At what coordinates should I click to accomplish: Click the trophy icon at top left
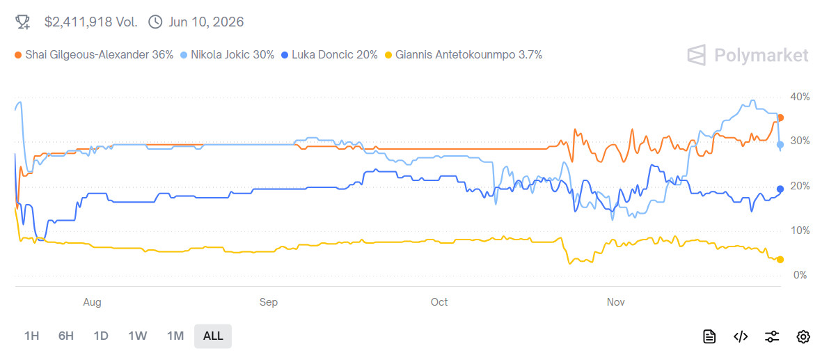click(23, 22)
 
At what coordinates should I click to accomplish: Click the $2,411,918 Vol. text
click(90, 22)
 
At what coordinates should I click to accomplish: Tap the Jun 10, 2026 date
click(205, 22)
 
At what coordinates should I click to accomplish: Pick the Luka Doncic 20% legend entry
click(330, 54)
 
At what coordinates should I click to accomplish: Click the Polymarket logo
click(748, 56)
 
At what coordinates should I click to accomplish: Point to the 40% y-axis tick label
click(800, 97)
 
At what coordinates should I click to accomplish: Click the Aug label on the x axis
click(92, 302)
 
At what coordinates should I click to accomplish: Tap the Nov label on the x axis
click(615, 302)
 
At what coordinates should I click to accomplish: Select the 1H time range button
click(31, 336)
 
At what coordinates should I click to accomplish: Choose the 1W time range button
click(137, 336)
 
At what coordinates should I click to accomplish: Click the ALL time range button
click(213, 336)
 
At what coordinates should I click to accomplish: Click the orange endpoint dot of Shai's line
click(780, 118)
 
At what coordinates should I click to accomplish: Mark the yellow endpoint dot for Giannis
click(780, 260)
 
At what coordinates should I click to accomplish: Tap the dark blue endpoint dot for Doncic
click(780, 189)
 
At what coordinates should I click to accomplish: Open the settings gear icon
click(803, 337)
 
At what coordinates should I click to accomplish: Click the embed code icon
click(741, 337)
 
